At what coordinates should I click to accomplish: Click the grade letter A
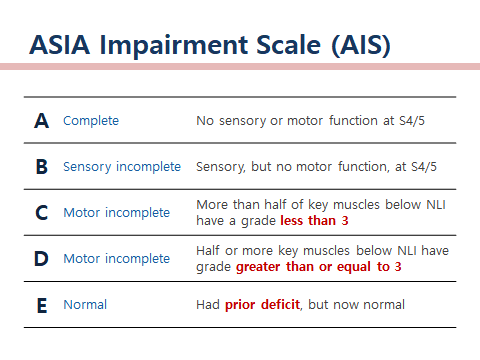[41, 121]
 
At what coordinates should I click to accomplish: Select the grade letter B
[41, 167]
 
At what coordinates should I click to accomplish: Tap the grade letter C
[41, 212]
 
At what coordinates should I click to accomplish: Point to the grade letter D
[41, 258]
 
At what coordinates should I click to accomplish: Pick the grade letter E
[41, 304]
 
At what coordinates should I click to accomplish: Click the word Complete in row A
[90, 121]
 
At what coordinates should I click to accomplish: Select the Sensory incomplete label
[121, 167]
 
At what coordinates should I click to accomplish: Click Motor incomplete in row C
[116, 212]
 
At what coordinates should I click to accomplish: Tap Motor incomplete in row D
[116, 258]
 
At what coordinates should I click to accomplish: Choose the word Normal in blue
[85, 304]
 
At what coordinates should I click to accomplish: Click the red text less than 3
[314, 220]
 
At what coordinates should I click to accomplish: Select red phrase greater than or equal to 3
[318, 267]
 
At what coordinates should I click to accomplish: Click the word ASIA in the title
[62, 45]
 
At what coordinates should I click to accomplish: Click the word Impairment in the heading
[167, 45]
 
